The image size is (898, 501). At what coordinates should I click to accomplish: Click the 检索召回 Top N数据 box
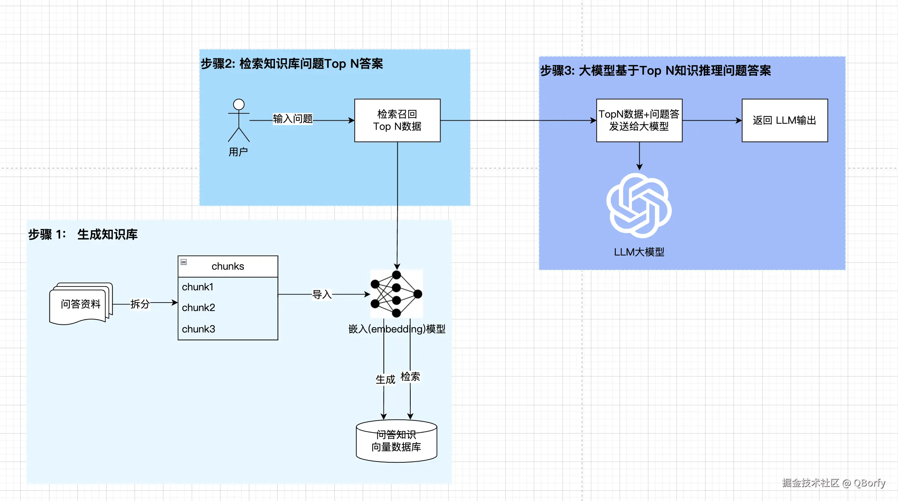[397, 120]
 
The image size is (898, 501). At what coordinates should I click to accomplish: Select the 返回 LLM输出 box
[785, 120]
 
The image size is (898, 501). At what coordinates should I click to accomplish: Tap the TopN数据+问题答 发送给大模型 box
[639, 120]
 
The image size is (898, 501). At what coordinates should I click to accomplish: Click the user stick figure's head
[239, 104]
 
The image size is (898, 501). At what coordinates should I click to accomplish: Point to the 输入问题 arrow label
[293, 119]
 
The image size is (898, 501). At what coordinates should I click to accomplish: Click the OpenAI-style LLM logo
[639, 205]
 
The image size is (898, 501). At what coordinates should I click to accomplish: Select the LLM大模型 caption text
[639, 252]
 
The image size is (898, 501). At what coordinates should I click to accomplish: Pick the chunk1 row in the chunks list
[228, 287]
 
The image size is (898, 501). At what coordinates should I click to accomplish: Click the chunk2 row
[228, 308]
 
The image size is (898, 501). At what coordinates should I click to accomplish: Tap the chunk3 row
[228, 329]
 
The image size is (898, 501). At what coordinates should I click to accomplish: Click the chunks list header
[228, 266]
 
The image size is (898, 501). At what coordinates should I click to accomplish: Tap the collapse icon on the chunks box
[184, 262]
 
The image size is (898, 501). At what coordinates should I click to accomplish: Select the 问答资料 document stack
[81, 304]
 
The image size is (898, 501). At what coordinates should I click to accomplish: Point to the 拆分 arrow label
[140, 304]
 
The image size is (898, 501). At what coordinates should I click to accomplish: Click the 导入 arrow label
[322, 295]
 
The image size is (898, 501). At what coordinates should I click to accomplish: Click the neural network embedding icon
[396, 294]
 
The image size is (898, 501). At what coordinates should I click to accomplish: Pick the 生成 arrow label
[385, 380]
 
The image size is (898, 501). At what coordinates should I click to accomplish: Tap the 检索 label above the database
[410, 377]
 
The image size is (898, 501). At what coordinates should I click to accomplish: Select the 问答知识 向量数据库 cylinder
[396, 441]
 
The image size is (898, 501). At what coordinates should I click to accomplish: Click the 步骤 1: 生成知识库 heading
[83, 234]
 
